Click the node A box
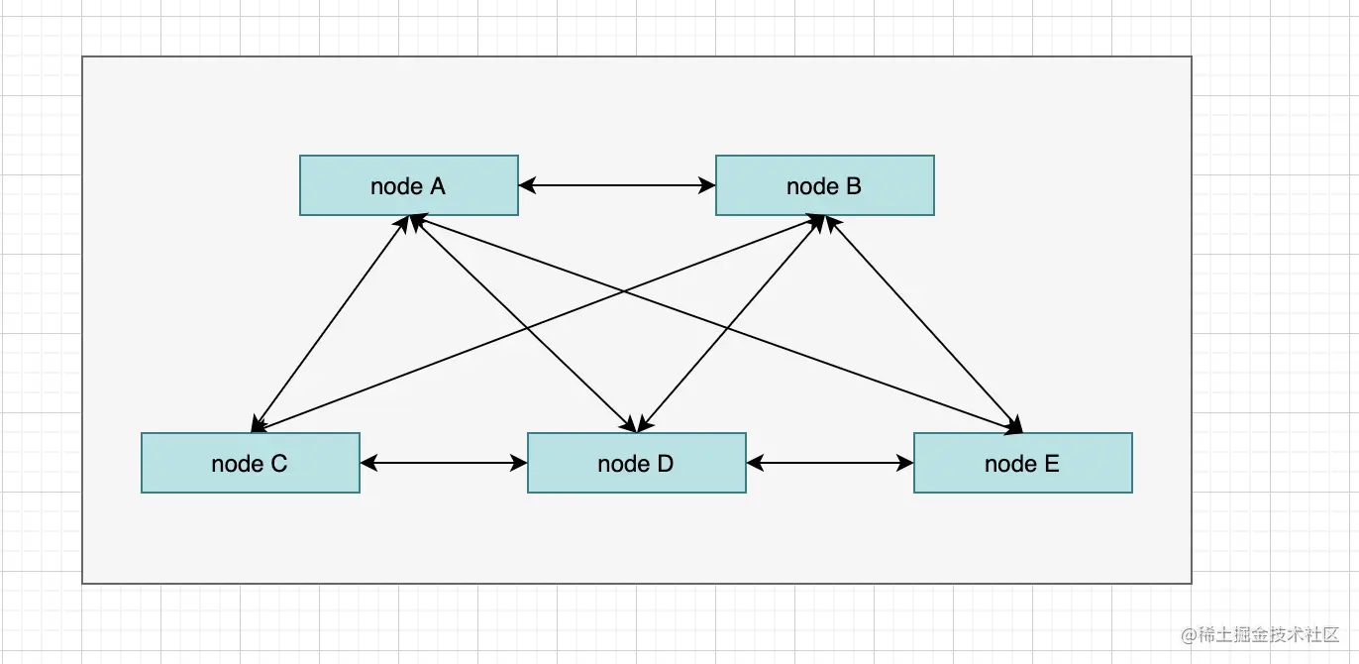[408, 185]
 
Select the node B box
[824, 185]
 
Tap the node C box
[250, 463]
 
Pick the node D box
[636, 463]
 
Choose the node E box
[1022, 463]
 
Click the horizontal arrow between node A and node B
[616, 185]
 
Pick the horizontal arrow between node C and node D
[443, 463]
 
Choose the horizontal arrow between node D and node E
[829, 463]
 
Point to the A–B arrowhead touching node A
[526, 185]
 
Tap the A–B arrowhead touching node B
[707, 185]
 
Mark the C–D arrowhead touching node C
[367, 463]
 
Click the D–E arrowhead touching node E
[905, 463]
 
